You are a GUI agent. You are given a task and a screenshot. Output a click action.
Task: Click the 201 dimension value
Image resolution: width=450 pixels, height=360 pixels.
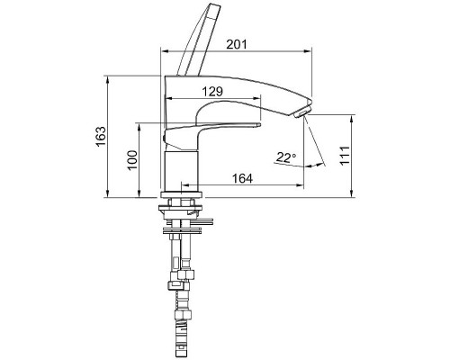click(x=237, y=44)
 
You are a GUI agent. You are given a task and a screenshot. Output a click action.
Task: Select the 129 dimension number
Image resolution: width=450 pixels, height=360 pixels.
click(x=212, y=92)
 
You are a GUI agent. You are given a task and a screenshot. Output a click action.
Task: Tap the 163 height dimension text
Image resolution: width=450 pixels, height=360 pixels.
click(x=101, y=137)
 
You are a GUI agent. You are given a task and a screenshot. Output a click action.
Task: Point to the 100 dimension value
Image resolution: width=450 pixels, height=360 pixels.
click(x=132, y=160)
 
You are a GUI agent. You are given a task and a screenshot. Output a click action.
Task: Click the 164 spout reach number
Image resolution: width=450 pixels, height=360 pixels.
click(x=242, y=178)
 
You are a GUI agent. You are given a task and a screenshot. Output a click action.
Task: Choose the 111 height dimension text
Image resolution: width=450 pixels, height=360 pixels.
click(x=345, y=155)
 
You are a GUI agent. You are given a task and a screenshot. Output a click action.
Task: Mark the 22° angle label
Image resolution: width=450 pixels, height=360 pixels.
click(x=286, y=157)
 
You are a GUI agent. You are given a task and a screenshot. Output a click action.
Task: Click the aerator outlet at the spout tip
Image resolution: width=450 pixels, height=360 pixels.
click(x=301, y=113)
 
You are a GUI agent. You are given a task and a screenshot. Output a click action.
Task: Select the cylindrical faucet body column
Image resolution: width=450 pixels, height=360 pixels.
click(x=182, y=171)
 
